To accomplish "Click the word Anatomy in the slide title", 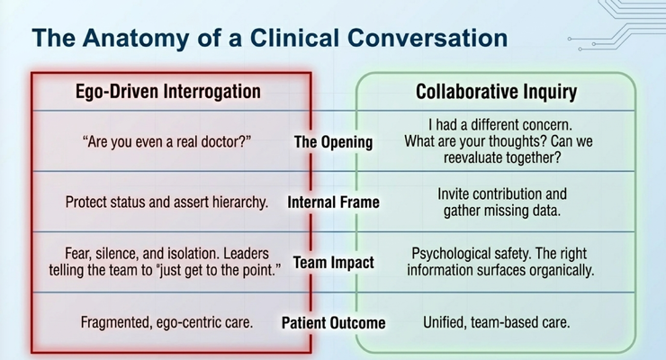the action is (136, 39).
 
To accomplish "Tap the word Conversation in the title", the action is (427, 38).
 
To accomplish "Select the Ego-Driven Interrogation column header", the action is (168, 92).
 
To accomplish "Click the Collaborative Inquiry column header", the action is (496, 92).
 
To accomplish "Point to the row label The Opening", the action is (333, 142).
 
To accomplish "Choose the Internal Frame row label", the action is (333, 202).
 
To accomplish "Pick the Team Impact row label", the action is (333, 263).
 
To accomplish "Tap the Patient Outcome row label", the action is (333, 322).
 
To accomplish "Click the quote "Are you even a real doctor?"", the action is (166, 141).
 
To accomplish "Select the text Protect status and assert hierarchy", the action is (166, 202).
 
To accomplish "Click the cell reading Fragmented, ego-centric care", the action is (166, 322).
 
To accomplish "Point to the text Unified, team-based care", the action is (496, 322).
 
